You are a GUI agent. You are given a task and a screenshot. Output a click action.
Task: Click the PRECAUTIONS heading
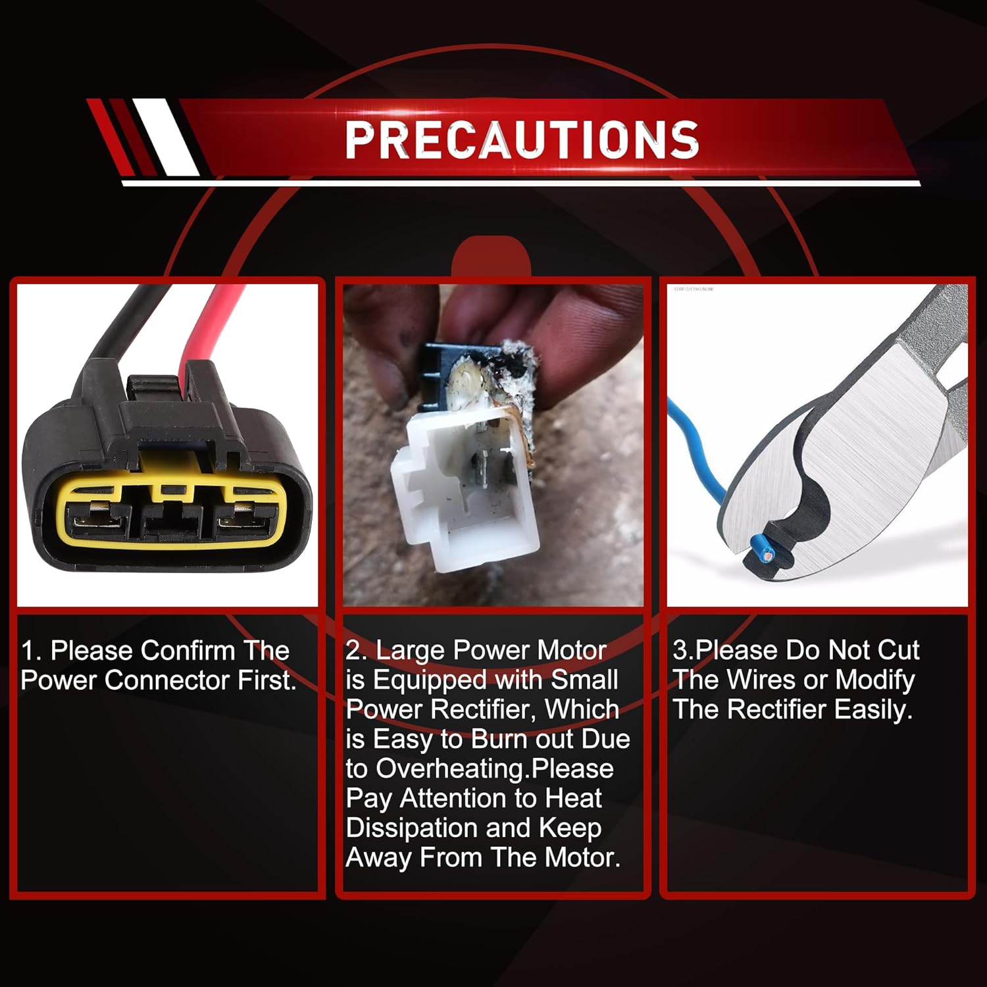(522, 139)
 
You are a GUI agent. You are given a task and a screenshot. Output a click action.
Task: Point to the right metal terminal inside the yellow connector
(243, 517)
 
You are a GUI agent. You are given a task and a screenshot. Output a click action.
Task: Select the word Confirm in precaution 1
(188, 651)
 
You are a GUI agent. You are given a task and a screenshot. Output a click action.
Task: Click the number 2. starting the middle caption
(357, 651)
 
